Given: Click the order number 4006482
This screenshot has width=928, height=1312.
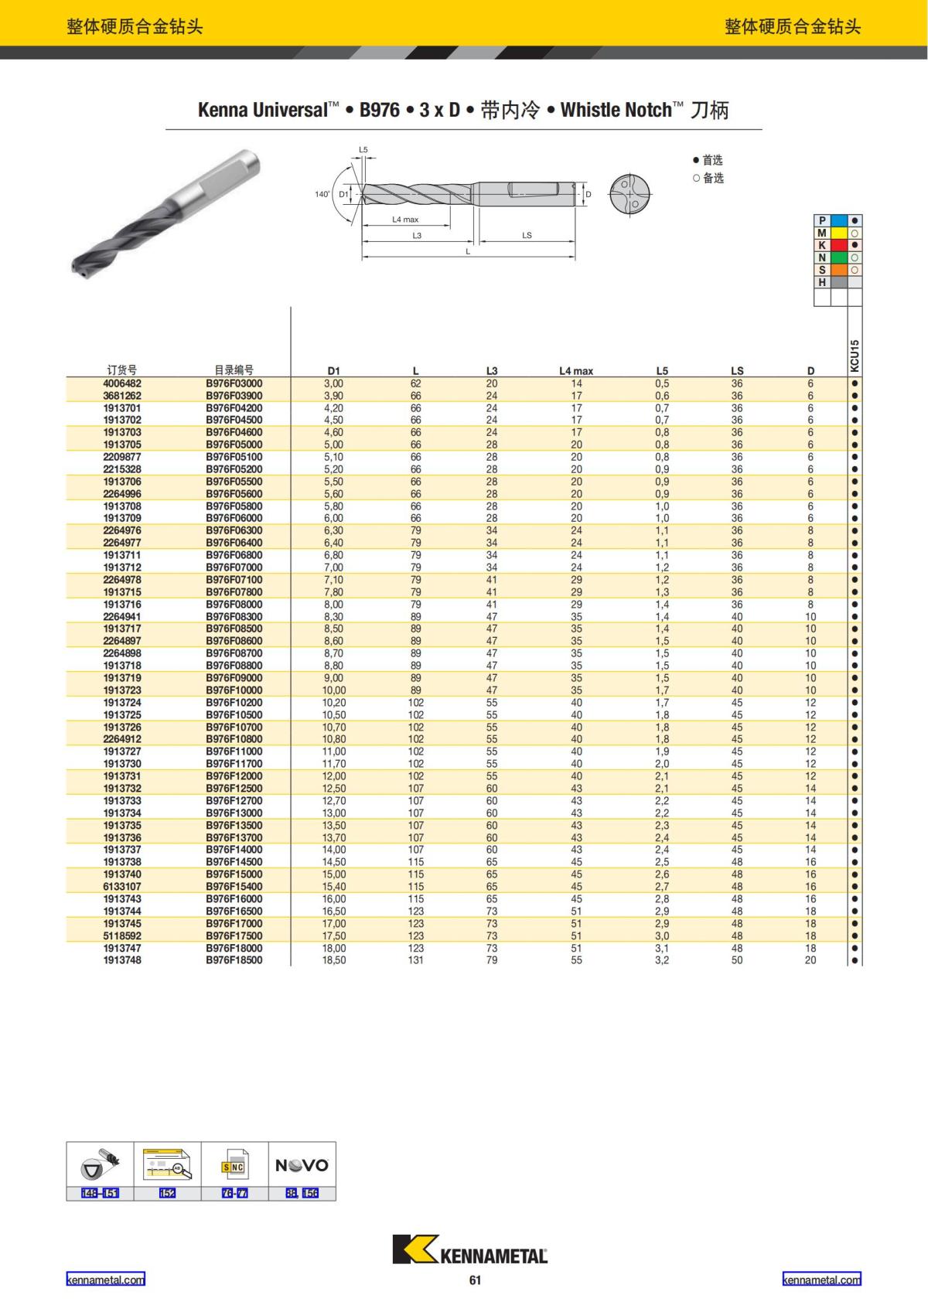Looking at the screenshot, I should [122, 383].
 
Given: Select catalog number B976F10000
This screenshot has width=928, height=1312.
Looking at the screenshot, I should [234, 690].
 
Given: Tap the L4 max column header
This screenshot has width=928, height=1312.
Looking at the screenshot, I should [576, 371].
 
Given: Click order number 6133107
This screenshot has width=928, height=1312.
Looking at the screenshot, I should [122, 887].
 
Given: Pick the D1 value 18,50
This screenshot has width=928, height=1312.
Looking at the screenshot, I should [334, 960].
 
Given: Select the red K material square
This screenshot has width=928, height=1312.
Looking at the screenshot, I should [838, 245].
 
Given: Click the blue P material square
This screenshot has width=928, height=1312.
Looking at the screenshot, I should [838, 220].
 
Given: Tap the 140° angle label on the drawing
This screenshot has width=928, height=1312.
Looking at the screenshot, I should [322, 194].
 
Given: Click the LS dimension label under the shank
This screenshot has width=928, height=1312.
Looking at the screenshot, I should [527, 235].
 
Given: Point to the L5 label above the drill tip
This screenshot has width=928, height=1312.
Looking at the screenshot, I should [363, 149].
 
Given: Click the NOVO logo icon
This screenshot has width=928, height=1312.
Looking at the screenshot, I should [302, 1165].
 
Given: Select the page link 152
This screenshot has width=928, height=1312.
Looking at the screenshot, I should [167, 1193].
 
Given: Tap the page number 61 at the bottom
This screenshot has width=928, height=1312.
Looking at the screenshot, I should [475, 1280].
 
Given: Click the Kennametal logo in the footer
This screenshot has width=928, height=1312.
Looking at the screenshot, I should [469, 1250].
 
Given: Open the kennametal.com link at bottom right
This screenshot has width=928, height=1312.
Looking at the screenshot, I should [821, 1280].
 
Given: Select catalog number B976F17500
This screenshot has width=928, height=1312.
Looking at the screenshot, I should [234, 935].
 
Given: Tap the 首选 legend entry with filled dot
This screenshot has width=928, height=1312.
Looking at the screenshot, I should [708, 160].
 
